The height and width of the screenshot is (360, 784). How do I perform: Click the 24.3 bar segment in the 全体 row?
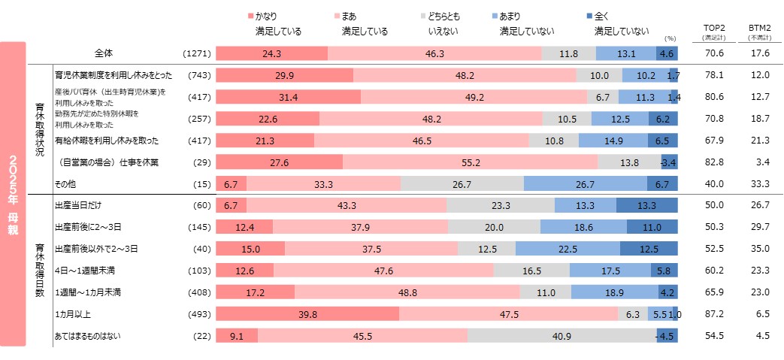[x=272, y=53]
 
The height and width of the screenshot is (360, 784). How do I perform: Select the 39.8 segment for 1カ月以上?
[x=307, y=314]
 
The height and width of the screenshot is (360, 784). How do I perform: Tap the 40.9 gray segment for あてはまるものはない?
[x=561, y=336]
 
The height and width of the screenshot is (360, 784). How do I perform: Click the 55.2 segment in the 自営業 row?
[x=470, y=162]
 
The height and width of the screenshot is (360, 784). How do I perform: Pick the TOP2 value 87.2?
[x=711, y=314]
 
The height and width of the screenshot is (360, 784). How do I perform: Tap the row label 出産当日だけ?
[x=80, y=205]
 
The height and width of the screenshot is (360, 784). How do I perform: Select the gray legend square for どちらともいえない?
[x=425, y=16]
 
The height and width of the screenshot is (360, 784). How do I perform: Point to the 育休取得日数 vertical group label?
[x=40, y=271]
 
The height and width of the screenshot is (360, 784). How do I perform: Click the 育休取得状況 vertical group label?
[x=40, y=129]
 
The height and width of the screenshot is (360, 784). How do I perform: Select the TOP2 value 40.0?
[x=711, y=184]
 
